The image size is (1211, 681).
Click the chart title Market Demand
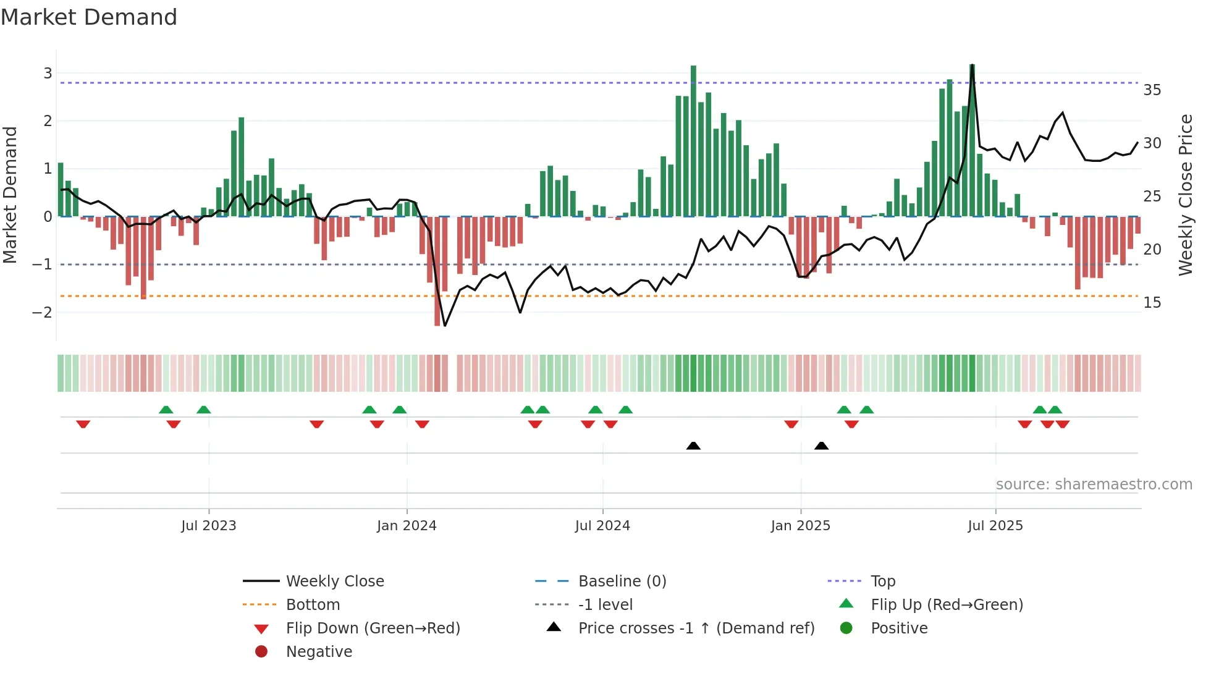pyautogui.click(x=89, y=17)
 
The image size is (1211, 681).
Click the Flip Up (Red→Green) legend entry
pyautogui.click(x=947, y=604)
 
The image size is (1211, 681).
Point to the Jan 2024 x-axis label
pyautogui.click(x=407, y=526)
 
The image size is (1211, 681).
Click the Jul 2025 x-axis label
pyautogui.click(x=995, y=526)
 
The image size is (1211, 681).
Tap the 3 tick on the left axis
pyautogui.click(x=48, y=74)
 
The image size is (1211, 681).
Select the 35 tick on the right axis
pyautogui.click(x=1152, y=90)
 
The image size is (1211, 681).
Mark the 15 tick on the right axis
pyautogui.click(x=1152, y=303)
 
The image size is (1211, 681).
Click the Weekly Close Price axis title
pyautogui.click(x=1185, y=195)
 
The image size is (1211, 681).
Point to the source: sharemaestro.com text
pyautogui.click(x=1094, y=484)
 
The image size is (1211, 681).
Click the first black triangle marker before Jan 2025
pyautogui.click(x=693, y=446)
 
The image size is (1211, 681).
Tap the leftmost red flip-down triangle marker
pyautogui.click(x=83, y=424)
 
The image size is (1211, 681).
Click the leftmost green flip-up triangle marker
pyautogui.click(x=166, y=410)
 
